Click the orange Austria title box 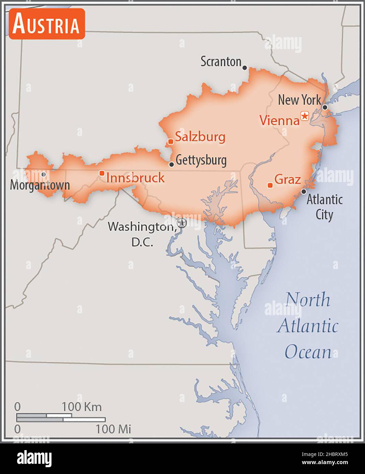tap(46, 24)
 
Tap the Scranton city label tap(221, 62)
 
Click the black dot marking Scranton tap(245, 68)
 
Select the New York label tap(299, 100)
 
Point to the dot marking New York tap(325, 107)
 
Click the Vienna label tap(279, 120)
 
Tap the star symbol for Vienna tap(304, 116)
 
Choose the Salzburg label tap(200, 137)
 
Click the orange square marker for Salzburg tap(171, 142)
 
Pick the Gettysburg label tap(201, 160)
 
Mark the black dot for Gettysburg tap(172, 164)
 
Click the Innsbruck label tap(135, 178)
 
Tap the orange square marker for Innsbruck tap(102, 173)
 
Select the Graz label tap(288, 179)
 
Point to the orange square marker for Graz tap(270, 185)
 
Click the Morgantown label tap(40, 185)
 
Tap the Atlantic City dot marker tap(304, 192)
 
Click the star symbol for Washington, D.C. tap(182, 223)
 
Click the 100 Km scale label tap(82, 406)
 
